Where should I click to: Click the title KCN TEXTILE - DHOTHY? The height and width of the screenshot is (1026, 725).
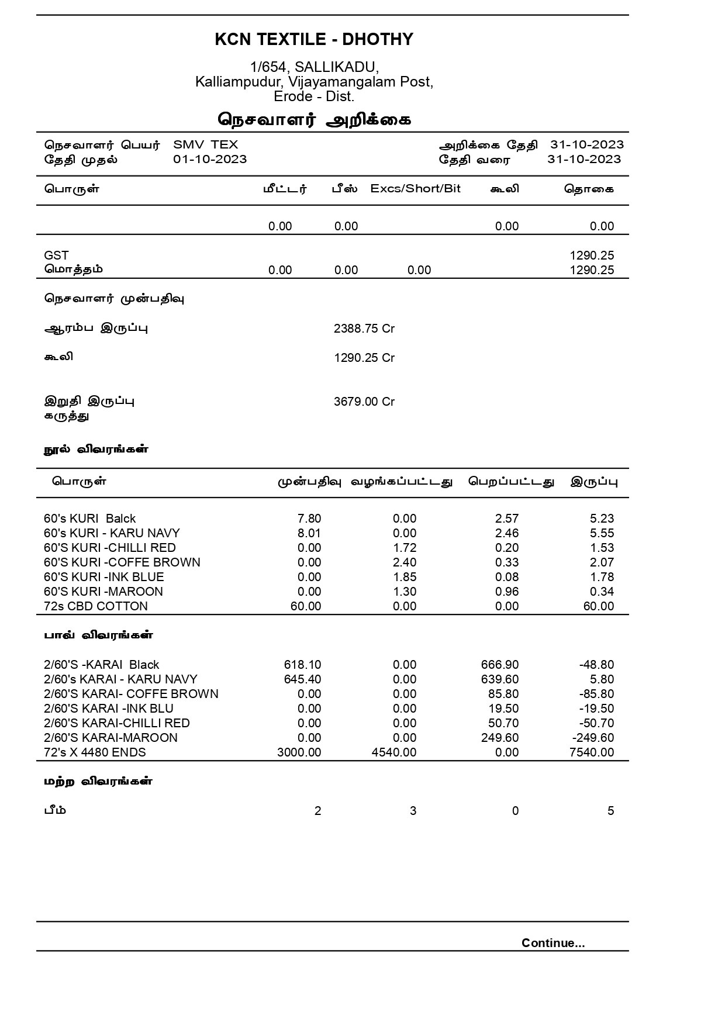click(x=314, y=39)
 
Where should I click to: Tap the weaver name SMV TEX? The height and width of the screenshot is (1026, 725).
click(x=205, y=145)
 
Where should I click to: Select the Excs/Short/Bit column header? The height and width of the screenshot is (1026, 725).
click(x=415, y=189)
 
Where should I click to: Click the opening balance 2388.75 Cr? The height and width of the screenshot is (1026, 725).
click(x=364, y=329)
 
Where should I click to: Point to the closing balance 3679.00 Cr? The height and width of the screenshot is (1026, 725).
click(x=364, y=402)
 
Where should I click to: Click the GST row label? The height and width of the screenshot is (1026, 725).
click(x=56, y=255)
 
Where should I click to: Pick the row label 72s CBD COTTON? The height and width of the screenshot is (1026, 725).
click(x=96, y=606)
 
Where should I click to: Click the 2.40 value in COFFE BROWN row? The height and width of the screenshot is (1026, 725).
click(x=405, y=562)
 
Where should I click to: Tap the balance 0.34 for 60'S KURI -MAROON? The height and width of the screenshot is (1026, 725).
click(x=602, y=592)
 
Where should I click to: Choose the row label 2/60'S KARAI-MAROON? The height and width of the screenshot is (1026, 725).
click(x=111, y=738)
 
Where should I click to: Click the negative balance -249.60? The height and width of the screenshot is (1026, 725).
click(x=593, y=738)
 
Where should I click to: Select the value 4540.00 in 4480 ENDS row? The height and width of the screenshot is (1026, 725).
click(x=394, y=752)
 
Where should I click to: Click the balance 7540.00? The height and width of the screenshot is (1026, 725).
click(x=592, y=752)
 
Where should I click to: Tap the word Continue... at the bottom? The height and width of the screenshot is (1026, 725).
click(x=553, y=943)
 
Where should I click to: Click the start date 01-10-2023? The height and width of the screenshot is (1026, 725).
click(x=210, y=160)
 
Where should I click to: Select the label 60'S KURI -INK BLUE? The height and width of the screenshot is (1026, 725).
click(x=103, y=577)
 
